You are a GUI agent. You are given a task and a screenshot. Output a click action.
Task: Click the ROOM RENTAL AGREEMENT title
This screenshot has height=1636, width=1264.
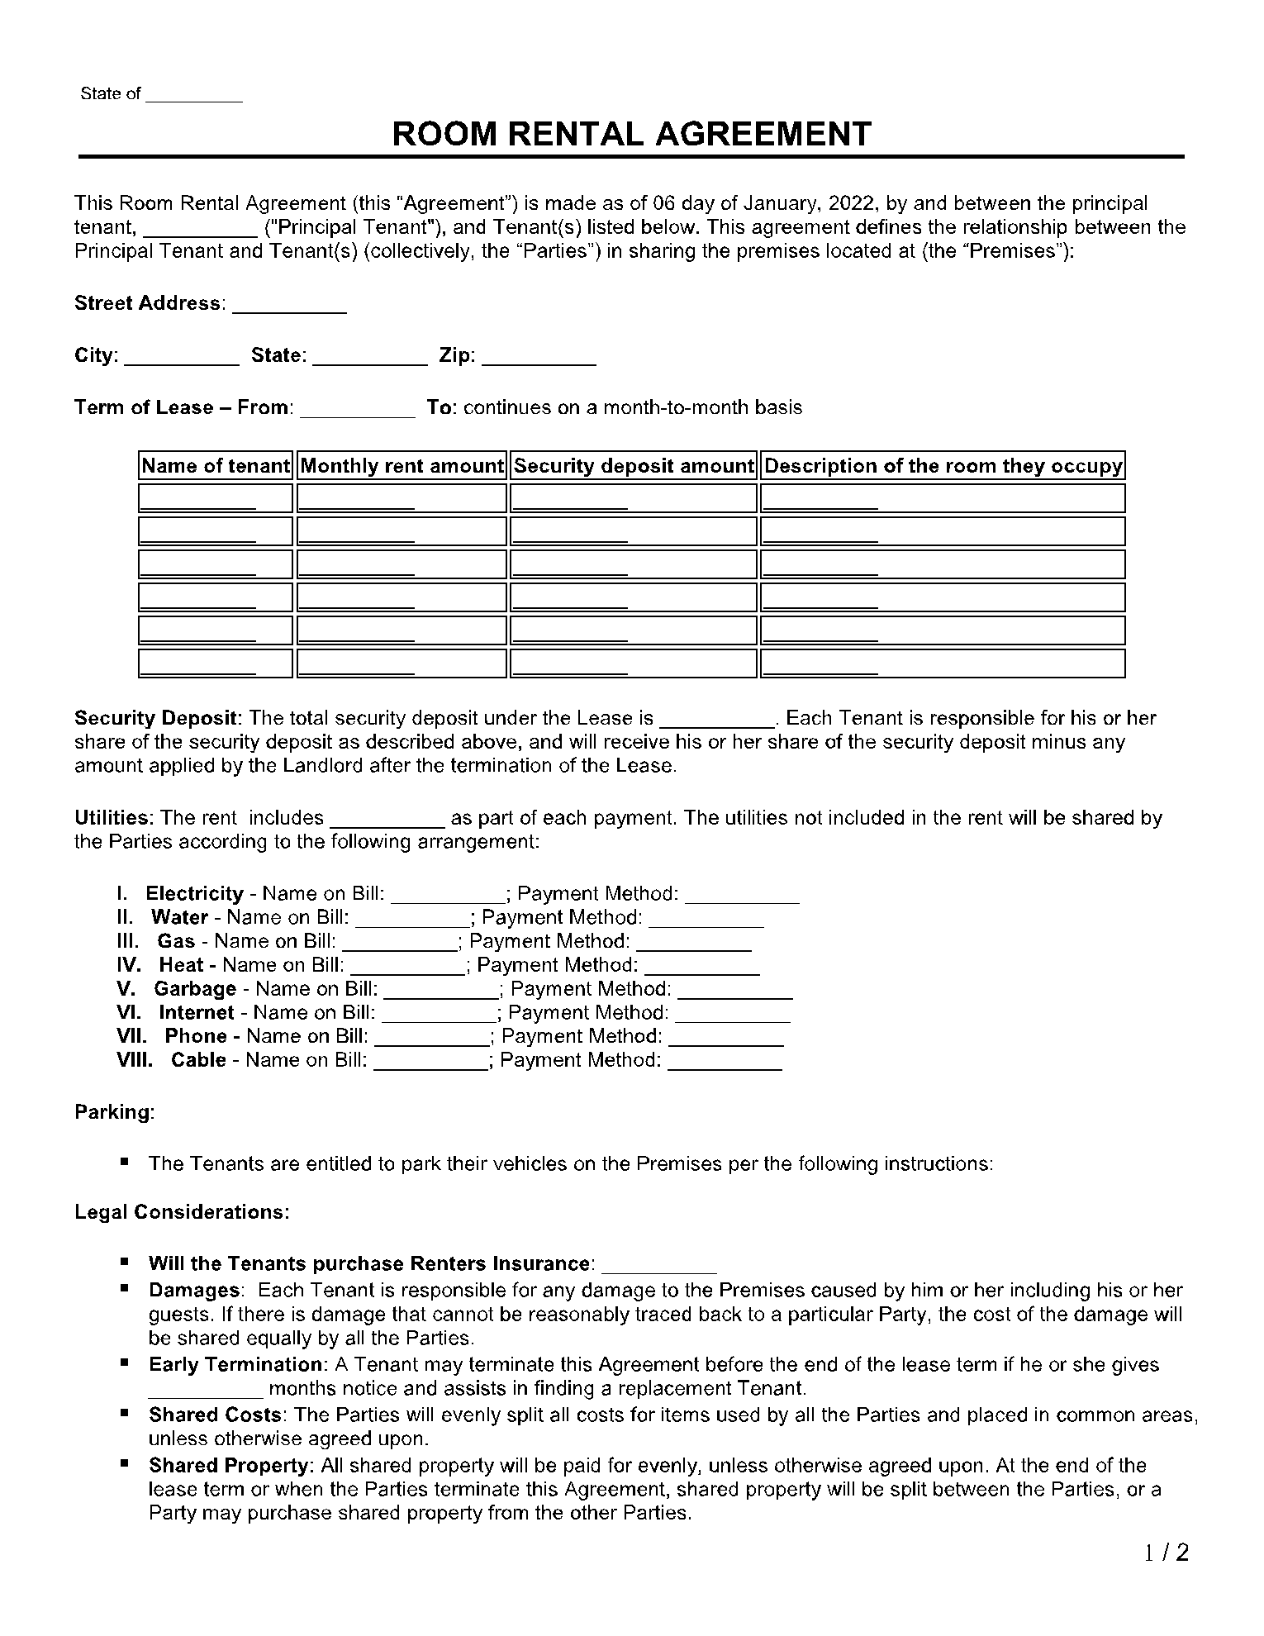pos(631,134)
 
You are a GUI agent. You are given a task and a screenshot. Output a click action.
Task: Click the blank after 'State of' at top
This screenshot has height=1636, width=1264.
pos(193,96)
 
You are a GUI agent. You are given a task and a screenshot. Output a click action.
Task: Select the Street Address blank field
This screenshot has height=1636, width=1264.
pos(289,307)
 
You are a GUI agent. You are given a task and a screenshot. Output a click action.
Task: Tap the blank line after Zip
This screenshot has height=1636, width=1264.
pos(539,359)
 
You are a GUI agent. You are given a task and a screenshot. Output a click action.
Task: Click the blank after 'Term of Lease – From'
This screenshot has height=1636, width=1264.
pos(357,411)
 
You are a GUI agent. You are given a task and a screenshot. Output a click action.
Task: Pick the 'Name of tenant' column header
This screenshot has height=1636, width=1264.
pos(216,466)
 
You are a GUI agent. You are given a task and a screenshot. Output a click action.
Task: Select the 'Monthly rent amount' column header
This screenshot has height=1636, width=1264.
pos(402,466)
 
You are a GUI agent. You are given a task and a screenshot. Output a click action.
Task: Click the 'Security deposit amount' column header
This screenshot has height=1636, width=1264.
pos(634,466)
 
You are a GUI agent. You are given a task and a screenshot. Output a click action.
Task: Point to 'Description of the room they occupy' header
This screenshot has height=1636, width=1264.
pos(943,466)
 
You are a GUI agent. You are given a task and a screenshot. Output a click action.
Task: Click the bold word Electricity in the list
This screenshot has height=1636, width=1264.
pos(195,893)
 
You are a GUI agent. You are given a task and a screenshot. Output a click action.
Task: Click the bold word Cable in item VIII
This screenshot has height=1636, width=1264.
pos(198,1060)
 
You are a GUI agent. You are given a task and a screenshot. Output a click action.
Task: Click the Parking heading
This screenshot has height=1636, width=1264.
pos(114,1112)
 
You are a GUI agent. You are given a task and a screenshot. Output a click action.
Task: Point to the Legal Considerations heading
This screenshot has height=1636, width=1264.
pos(182,1212)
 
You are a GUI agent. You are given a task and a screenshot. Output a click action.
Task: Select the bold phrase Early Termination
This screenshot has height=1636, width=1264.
pos(234,1364)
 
